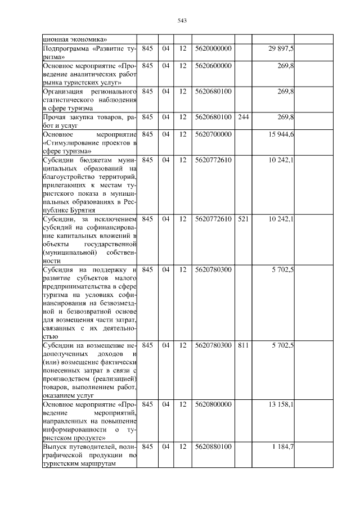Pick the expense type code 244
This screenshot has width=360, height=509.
coord(243,117)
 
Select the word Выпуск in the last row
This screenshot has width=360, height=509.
coord(55,447)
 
